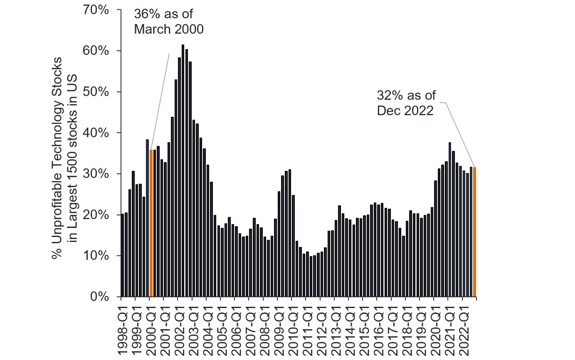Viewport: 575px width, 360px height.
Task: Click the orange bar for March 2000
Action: (x=151, y=223)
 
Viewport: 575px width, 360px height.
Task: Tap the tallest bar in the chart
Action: (x=183, y=170)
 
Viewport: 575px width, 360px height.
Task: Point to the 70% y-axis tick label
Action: (x=95, y=10)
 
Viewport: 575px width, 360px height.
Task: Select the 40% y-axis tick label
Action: (x=95, y=133)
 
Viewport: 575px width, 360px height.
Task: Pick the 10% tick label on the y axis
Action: (x=95, y=256)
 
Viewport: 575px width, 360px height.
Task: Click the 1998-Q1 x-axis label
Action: (x=121, y=328)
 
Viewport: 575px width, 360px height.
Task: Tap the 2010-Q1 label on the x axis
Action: (x=292, y=328)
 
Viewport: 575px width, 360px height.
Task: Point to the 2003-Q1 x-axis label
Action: (x=192, y=328)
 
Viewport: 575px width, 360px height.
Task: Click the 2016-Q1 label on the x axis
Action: (x=377, y=328)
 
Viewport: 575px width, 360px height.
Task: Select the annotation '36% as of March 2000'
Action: (x=168, y=22)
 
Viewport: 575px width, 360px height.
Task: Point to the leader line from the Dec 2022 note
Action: (x=460, y=133)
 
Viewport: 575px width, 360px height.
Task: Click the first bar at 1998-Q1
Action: (x=123, y=255)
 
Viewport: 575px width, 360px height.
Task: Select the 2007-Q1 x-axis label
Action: (x=249, y=328)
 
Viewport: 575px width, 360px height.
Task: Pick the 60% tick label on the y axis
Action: (x=95, y=51)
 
